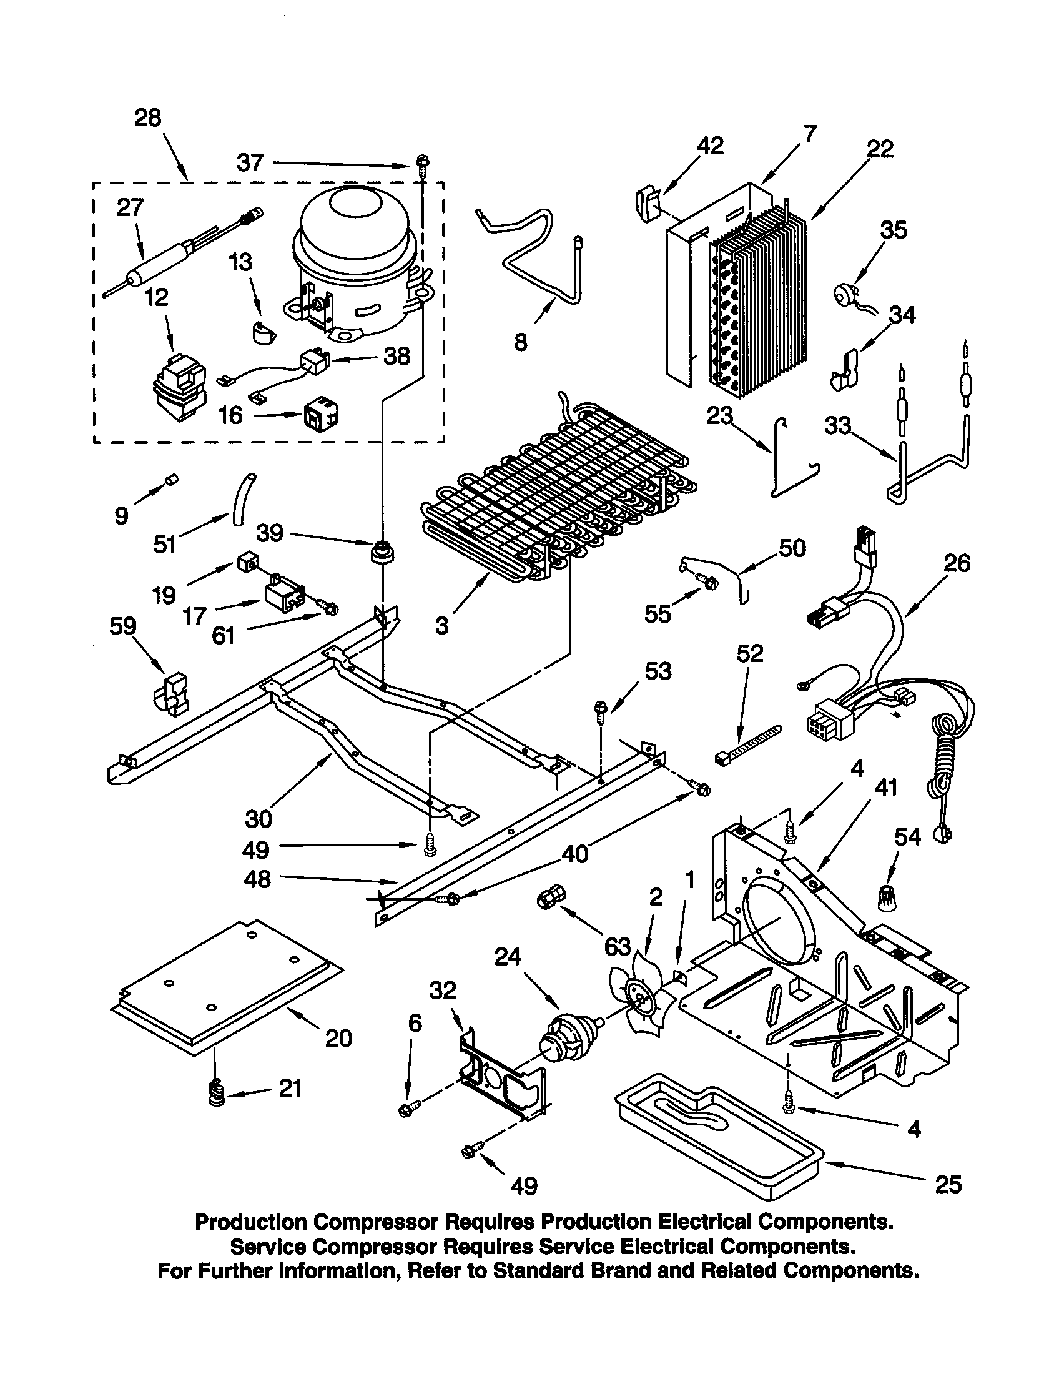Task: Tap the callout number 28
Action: [x=148, y=117]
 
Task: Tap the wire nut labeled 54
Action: [x=889, y=896]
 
